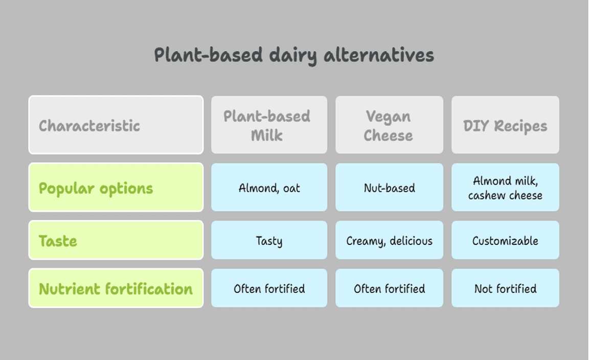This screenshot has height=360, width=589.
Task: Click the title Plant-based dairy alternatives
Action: [x=294, y=55]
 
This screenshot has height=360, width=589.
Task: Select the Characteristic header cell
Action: [x=116, y=125]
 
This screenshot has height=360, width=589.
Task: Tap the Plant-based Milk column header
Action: [x=269, y=125]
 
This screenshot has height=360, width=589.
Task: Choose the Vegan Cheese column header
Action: [x=389, y=125]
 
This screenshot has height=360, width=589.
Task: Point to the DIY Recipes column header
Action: [x=505, y=125]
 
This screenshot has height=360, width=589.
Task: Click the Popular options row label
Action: [x=116, y=187]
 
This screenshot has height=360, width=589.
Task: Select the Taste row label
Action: [x=116, y=240]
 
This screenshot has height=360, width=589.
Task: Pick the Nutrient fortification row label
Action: [x=116, y=288]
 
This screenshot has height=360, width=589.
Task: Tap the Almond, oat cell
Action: [x=269, y=187]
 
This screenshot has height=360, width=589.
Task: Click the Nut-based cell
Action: [x=389, y=187]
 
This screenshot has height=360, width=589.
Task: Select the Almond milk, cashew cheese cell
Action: [x=505, y=187]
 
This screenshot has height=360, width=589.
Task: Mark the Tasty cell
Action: [x=269, y=240]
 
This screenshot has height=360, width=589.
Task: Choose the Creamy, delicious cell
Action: [x=389, y=240]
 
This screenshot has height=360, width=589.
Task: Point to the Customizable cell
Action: [x=505, y=240]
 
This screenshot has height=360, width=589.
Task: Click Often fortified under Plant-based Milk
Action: [x=269, y=288]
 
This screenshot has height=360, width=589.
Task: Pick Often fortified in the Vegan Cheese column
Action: [x=389, y=288]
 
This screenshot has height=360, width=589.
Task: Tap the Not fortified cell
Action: [x=505, y=288]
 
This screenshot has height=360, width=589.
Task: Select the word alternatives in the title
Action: [x=379, y=55]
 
